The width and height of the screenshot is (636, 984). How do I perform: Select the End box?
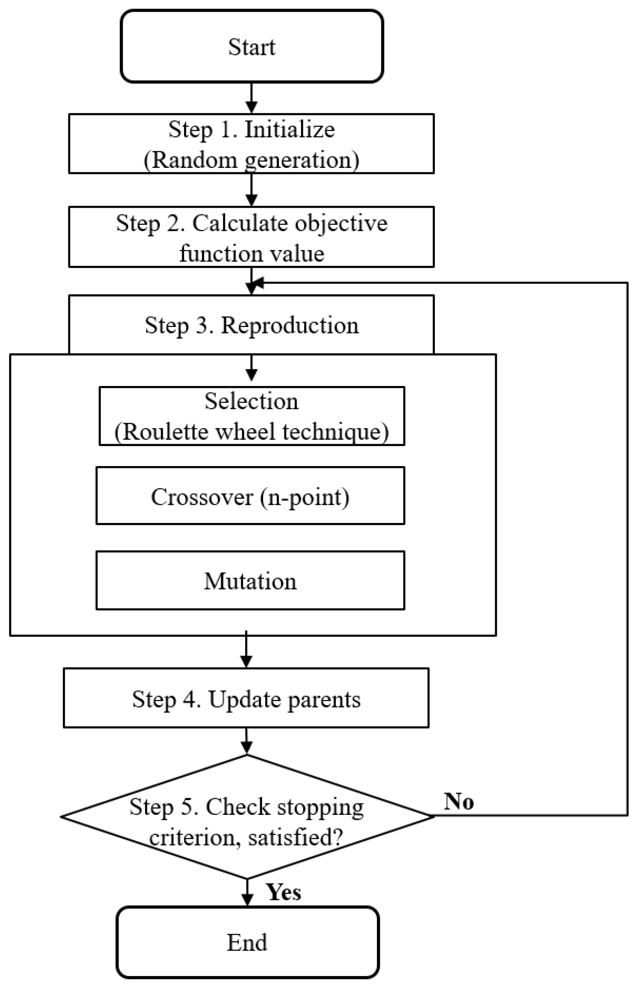247,942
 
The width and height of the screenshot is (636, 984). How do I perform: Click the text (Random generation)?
251,160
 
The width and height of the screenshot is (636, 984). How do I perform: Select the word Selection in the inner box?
251,401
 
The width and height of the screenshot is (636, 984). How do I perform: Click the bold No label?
459,802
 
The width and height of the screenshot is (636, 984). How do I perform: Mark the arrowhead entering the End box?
247,899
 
